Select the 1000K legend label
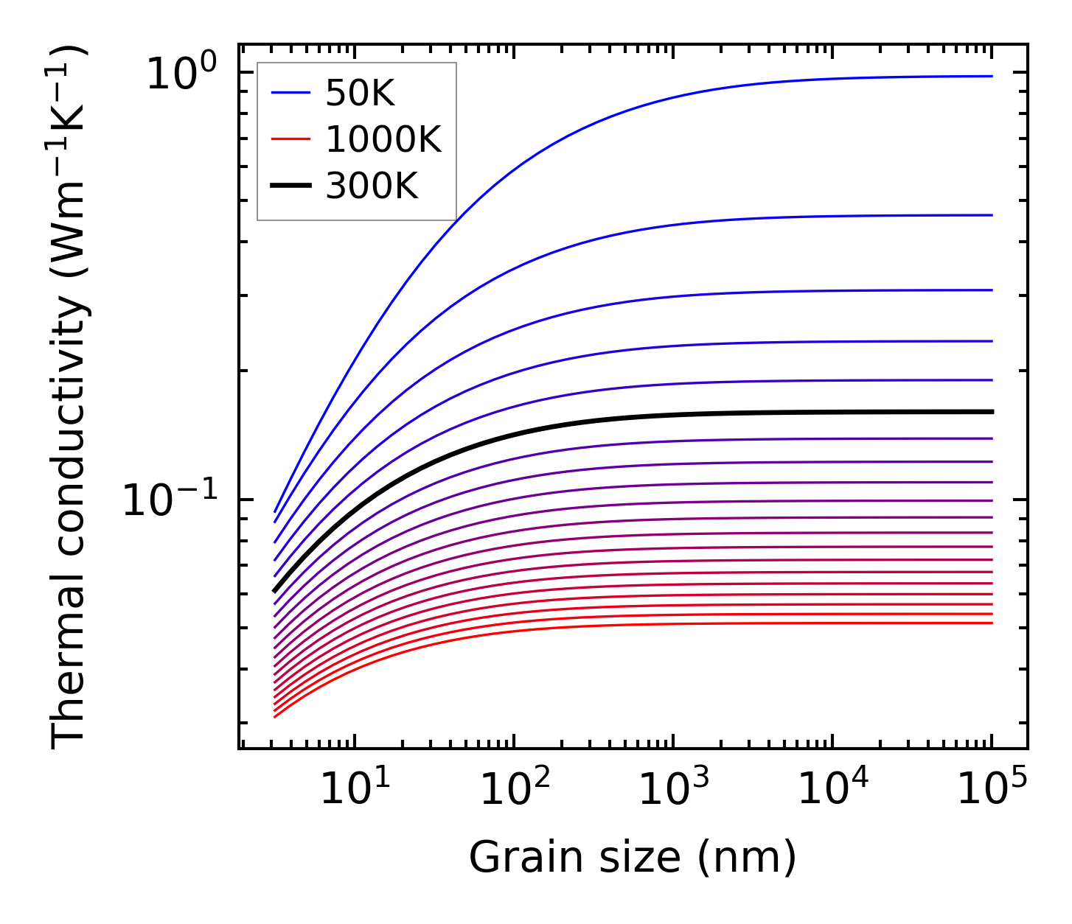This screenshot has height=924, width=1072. click(383, 140)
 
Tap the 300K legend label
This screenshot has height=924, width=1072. click(372, 187)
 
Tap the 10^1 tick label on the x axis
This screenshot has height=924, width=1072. click(355, 790)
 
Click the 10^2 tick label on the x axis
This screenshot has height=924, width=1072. click(515, 790)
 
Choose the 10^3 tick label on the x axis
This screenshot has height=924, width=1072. click(674, 790)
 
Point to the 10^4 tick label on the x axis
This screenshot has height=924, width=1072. click(833, 790)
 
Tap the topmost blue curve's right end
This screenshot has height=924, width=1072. click(991, 76)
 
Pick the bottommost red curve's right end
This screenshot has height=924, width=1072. click(991, 623)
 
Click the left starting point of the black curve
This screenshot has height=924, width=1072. click(275, 590)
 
